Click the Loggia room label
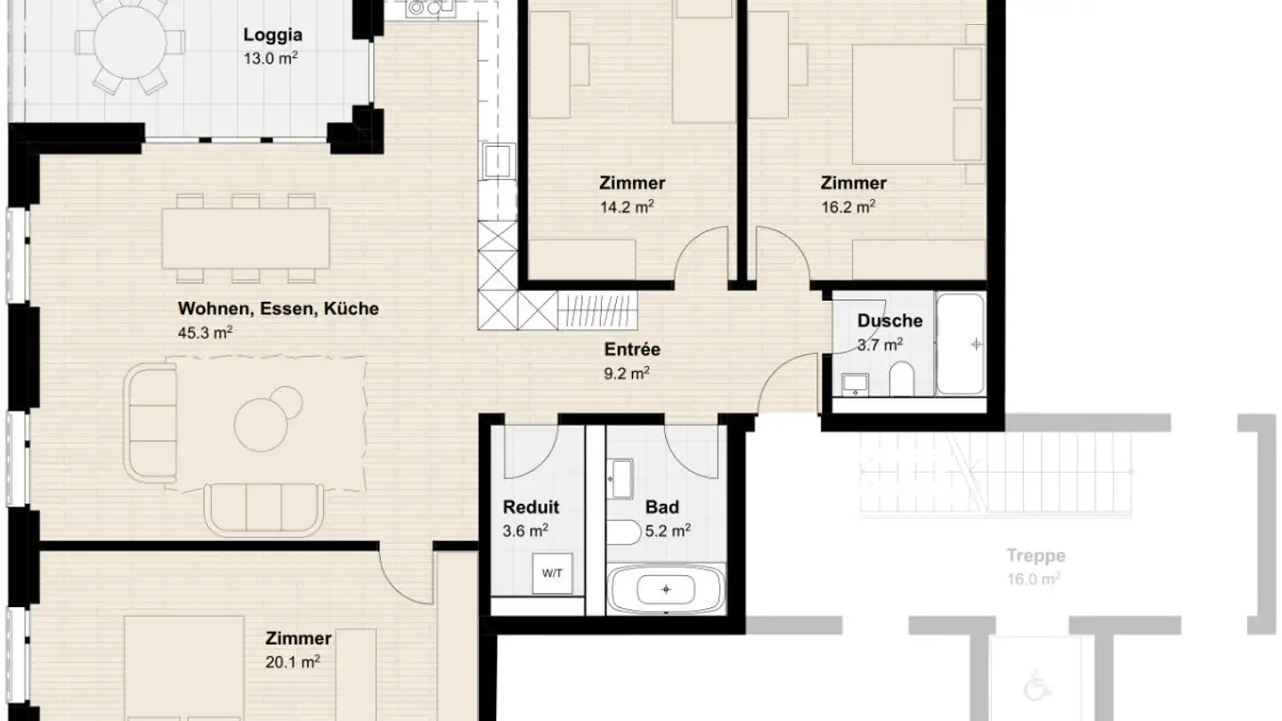pyautogui.click(x=272, y=36)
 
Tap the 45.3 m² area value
pyautogui.click(x=206, y=332)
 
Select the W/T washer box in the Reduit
pyautogui.click(x=552, y=574)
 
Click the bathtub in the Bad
pyautogui.click(x=666, y=589)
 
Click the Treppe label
pyautogui.click(x=1035, y=556)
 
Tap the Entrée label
pyautogui.click(x=631, y=351)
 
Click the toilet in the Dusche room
pyautogui.click(x=901, y=377)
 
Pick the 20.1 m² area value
pyautogui.click(x=297, y=661)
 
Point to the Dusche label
pyautogui.click(x=889, y=321)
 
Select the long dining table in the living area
pyautogui.click(x=246, y=238)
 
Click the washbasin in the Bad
pyautogui.click(x=621, y=480)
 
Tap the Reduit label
pyautogui.click(x=531, y=507)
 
